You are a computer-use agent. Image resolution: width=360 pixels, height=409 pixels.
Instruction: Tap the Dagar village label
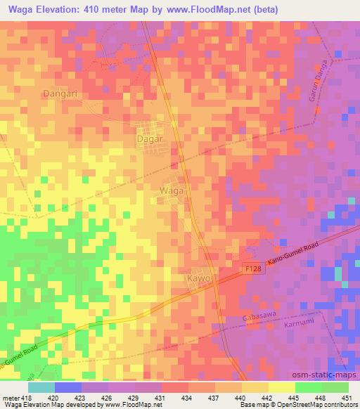click(149, 139)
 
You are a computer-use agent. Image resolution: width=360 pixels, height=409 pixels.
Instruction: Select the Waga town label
click(172, 191)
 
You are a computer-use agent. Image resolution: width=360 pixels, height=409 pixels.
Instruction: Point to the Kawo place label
click(200, 279)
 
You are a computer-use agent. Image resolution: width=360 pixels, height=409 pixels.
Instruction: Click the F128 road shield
click(254, 270)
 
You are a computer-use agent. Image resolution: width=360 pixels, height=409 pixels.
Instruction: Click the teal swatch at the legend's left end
click(41, 387)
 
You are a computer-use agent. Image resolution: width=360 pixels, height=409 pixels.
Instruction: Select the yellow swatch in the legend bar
click(281, 387)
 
